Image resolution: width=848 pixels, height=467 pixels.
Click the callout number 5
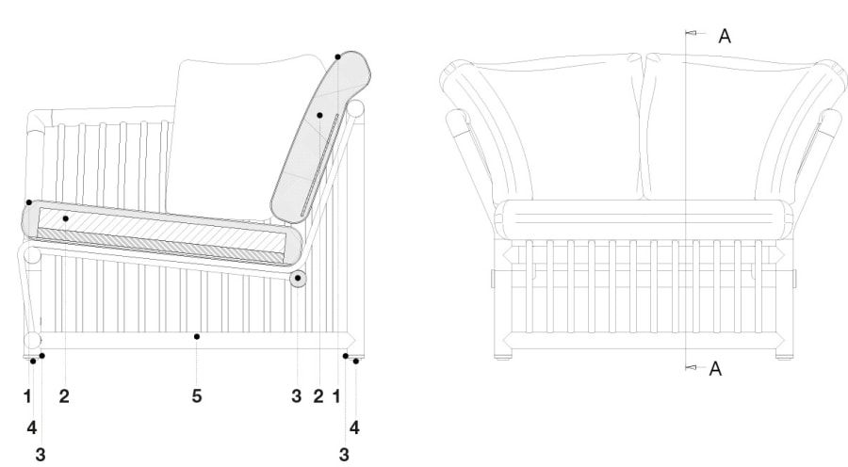point(197,395)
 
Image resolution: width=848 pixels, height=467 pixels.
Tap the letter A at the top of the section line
point(725,36)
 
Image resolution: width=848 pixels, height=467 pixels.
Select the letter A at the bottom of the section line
point(715,369)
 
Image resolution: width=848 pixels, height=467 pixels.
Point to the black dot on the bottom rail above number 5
point(197,337)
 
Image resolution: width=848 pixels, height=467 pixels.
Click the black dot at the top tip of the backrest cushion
point(337,56)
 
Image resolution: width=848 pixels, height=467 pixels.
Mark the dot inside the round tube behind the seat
point(298,278)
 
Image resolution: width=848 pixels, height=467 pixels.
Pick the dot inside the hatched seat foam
point(65,218)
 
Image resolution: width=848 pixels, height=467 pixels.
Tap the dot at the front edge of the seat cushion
point(29,202)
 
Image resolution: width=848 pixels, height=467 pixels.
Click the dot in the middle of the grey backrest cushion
point(319,115)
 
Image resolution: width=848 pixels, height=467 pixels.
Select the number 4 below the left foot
point(32,427)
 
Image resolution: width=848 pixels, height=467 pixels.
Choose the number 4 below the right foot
point(354,427)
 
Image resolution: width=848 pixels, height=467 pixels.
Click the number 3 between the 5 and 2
point(297,395)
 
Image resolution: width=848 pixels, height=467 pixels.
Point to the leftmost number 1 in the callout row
point(27,395)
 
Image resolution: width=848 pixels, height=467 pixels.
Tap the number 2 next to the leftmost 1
point(64,395)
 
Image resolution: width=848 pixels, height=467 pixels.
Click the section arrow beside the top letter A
point(692,33)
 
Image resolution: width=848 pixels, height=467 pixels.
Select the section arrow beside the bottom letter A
point(692,367)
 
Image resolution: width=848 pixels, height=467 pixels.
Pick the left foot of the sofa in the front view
point(502,357)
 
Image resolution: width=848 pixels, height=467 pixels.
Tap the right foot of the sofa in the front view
point(784,357)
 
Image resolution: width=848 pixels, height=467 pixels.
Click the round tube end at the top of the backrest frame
point(355,108)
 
